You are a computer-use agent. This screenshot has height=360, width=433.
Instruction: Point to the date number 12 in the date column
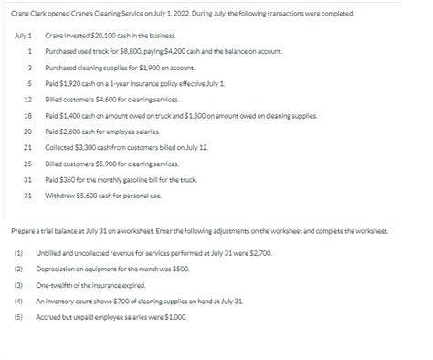pyautogui.click(x=28, y=99)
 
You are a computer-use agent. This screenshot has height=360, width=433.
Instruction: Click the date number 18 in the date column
pyautogui.click(x=28, y=115)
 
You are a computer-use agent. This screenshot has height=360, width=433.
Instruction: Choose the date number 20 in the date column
pyautogui.click(x=28, y=131)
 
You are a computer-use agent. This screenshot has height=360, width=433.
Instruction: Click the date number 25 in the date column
pyautogui.click(x=28, y=163)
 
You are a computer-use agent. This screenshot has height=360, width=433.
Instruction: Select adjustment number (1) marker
pyautogui.click(x=18, y=251)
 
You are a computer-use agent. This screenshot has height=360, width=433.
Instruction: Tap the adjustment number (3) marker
pyautogui.click(x=18, y=283)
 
